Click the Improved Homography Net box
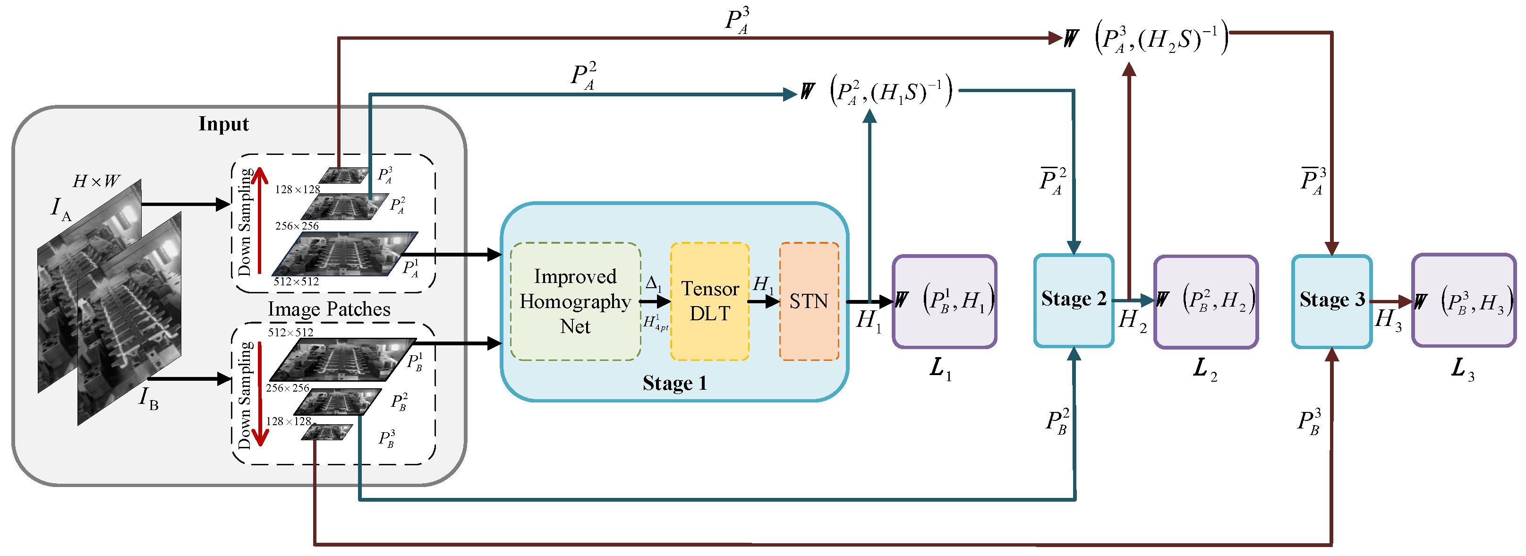[575, 301]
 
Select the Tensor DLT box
[710, 301]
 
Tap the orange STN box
[809, 301]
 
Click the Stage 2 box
[1074, 300]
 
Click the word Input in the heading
[223, 124]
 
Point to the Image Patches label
[329, 309]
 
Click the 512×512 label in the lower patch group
[290, 333]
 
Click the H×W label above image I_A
[96, 181]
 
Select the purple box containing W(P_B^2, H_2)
[1205, 301]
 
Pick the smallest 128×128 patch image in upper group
[343, 175]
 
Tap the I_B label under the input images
[148, 398]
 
